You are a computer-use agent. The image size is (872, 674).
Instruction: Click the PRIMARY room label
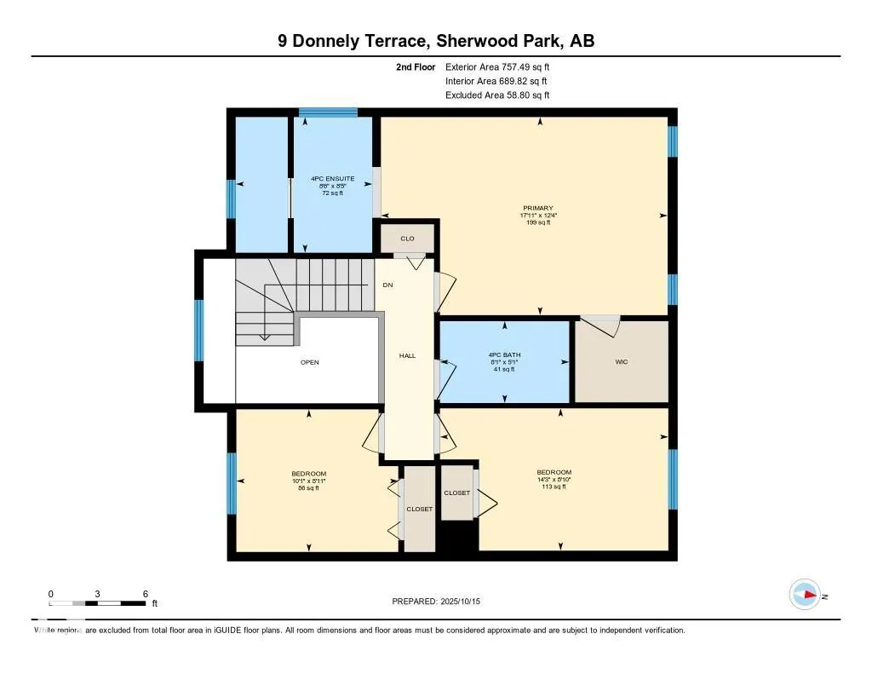pyautogui.click(x=538, y=208)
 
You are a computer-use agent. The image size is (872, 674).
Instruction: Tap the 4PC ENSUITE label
pyautogui.click(x=332, y=179)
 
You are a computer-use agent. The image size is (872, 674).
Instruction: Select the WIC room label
pyautogui.click(x=621, y=362)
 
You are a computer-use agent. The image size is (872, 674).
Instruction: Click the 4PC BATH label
pyautogui.click(x=504, y=354)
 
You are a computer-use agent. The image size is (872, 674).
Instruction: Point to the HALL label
pyautogui.click(x=407, y=355)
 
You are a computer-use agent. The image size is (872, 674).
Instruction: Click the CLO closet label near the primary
pyautogui.click(x=407, y=239)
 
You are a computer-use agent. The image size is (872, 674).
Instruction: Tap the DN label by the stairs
pyautogui.click(x=387, y=285)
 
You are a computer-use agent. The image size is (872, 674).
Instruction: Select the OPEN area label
pyautogui.click(x=309, y=362)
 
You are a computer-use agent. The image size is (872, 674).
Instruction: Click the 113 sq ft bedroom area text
pyautogui.click(x=554, y=488)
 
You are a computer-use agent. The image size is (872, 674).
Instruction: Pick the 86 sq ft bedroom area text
pyautogui.click(x=308, y=489)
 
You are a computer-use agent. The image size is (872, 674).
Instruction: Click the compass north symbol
pyautogui.click(x=805, y=596)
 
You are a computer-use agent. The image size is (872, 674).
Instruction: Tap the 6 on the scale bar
pyautogui.click(x=146, y=594)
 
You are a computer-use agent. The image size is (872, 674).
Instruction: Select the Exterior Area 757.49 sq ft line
pyautogui.click(x=497, y=66)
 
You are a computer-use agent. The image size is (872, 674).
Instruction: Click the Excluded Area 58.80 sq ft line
pyautogui.click(x=497, y=95)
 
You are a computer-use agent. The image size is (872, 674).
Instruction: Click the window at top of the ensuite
pyautogui.click(x=328, y=112)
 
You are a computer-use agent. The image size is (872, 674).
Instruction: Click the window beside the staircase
pyautogui.click(x=199, y=330)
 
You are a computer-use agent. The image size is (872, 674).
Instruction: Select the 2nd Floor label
pyautogui.click(x=416, y=66)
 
